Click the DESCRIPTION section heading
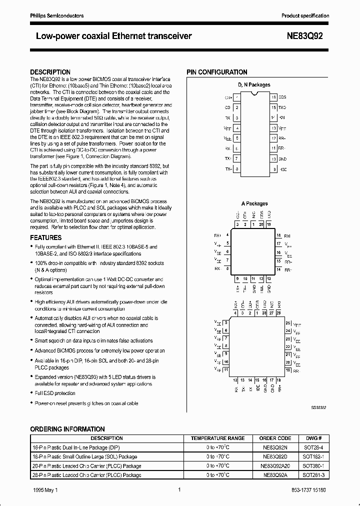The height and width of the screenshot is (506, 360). pyautogui.click(x=50, y=72)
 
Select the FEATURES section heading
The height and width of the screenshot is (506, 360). pyautogui.click(x=46, y=238)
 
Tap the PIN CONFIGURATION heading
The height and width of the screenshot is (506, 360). pyautogui.click(x=217, y=72)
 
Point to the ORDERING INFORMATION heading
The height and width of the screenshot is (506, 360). pyautogui.click(x=67, y=429)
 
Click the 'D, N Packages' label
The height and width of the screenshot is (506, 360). pyautogui.click(x=254, y=85)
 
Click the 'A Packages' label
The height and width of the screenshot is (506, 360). pyautogui.click(x=254, y=203)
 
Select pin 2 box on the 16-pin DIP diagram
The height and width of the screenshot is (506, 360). pyautogui.click(x=237, y=107)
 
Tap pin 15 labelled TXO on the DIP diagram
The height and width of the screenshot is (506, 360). pyautogui.click(x=273, y=107)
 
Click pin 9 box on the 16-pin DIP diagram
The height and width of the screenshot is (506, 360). pyautogui.click(x=273, y=169)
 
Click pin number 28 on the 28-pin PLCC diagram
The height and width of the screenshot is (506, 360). pyautogui.click(x=264, y=313)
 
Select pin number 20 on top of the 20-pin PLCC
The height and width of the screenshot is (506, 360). pyautogui.click(x=261, y=225)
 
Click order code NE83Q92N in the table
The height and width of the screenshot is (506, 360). pyautogui.click(x=275, y=447)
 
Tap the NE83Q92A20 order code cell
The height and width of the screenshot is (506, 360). pyautogui.click(x=275, y=465)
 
